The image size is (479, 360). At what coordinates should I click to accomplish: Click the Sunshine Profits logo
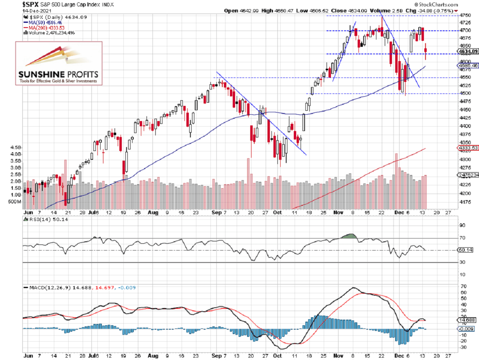(58, 63)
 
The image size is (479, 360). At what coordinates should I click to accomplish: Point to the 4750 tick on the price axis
(464, 15)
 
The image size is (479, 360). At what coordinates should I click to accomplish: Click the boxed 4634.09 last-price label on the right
(468, 52)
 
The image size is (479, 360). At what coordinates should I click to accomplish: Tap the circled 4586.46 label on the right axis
(468, 65)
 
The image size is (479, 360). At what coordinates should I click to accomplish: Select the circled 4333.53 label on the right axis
(468, 148)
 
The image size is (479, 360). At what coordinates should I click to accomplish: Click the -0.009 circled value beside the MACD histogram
(465, 328)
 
